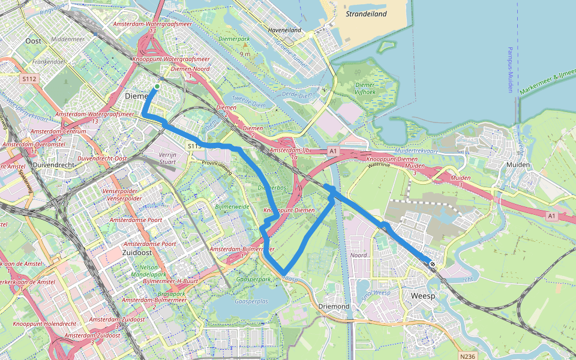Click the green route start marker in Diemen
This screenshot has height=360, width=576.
tap(157, 87)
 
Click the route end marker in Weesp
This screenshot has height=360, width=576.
tap(432, 263)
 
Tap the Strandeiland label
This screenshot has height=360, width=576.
tap(366, 14)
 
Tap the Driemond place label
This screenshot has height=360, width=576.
tap(334, 307)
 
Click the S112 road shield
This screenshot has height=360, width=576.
tap(29, 79)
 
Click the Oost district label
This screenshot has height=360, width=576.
tap(34, 41)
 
